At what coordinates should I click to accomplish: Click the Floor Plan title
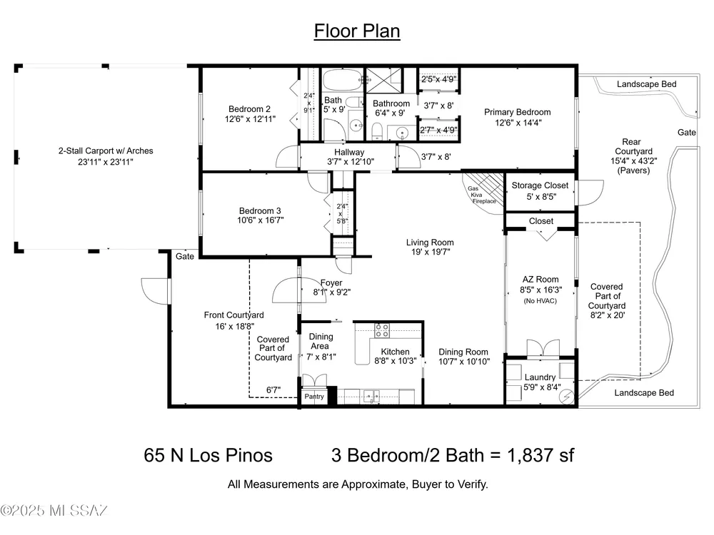(x=357, y=31)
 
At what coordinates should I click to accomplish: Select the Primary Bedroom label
(x=517, y=112)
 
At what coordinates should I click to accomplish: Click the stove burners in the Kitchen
(x=382, y=330)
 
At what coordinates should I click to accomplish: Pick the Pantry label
(x=314, y=396)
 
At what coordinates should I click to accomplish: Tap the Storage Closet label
(x=540, y=185)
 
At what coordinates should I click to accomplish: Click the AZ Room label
(x=540, y=280)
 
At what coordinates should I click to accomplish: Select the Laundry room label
(x=540, y=377)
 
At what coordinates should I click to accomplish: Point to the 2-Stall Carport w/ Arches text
(x=106, y=151)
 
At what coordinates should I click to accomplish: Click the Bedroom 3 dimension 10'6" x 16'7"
(x=260, y=220)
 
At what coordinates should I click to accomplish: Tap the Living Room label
(x=430, y=243)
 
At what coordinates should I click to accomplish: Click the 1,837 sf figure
(x=540, y=455)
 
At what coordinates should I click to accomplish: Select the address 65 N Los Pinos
(x=208, y=455)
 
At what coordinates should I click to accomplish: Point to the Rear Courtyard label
(x=633, y=146)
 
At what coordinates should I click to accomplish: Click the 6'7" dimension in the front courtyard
(x=273, y=390)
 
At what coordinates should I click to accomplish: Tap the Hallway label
(x=349, y=152)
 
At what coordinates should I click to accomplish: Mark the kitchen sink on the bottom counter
(x=371, y=397)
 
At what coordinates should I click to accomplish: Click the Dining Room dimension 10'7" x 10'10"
(x=464, y=362)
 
